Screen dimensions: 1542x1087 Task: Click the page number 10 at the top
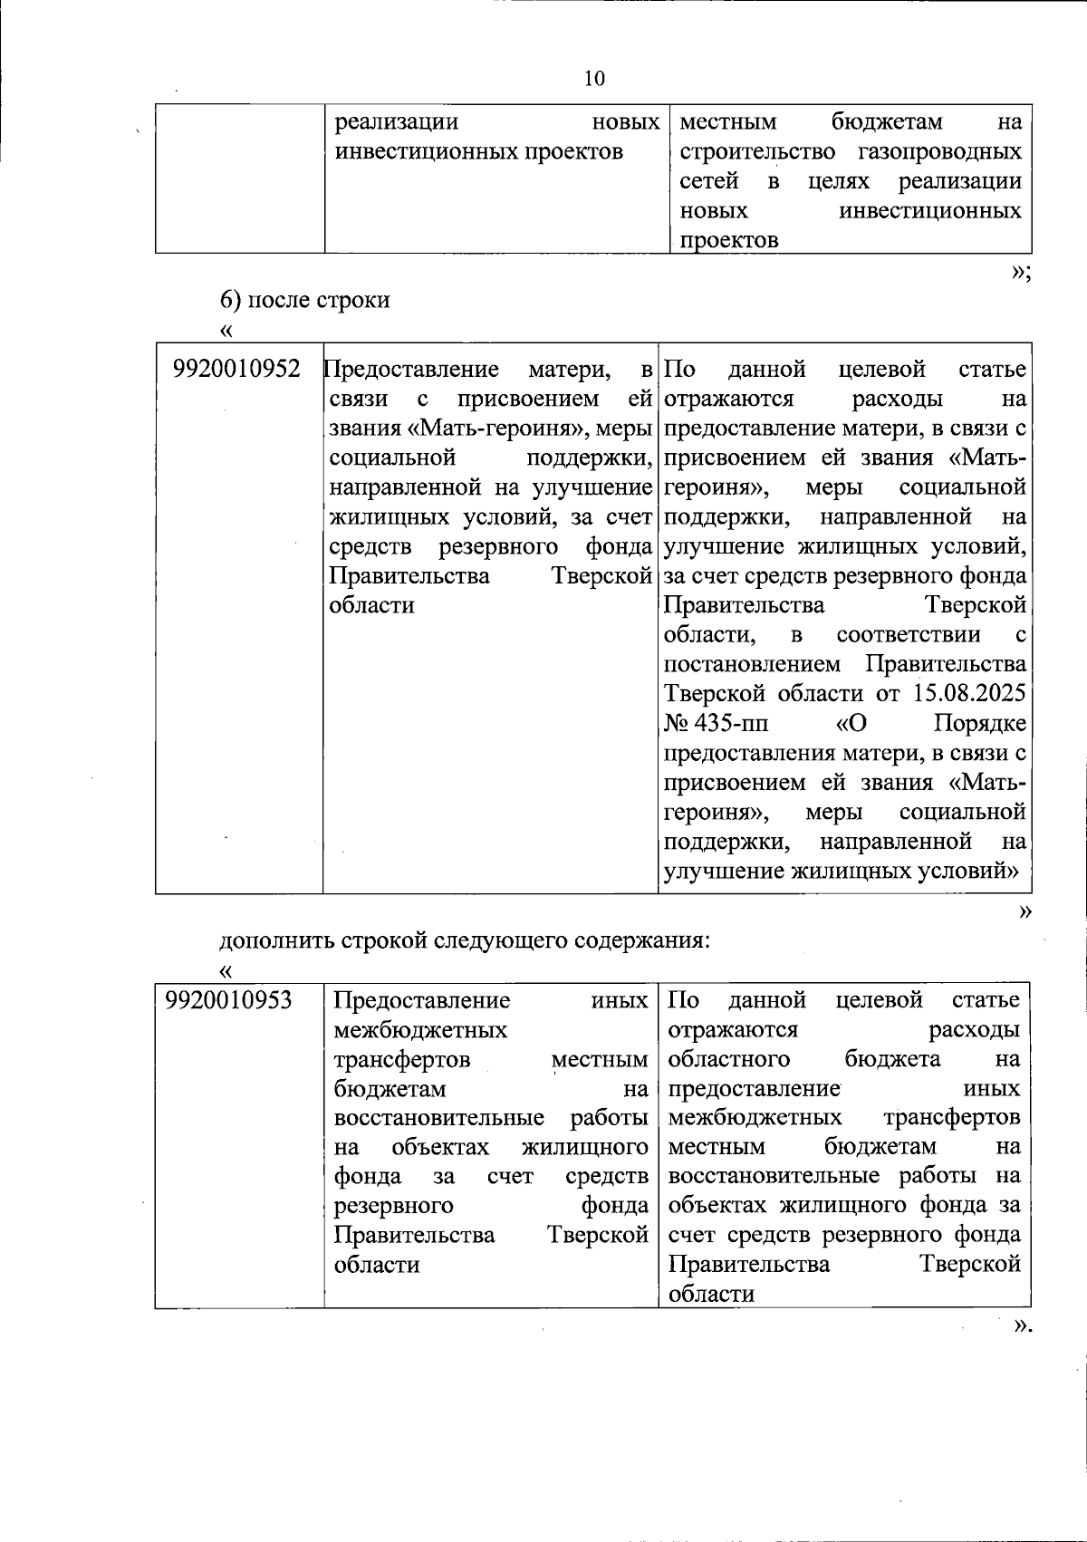(x=594, y=79)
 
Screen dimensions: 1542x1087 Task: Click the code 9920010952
(x=236, y=370)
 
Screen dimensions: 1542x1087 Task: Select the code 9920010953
(x=229, y=1000)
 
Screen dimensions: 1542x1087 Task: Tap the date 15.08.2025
(x=969, y=694)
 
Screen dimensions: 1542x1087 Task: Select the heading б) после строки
(x=305, y=300)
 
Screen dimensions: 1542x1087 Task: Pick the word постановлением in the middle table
(x=752, y=665)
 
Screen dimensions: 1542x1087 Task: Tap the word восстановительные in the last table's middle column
(x=439, y=1118)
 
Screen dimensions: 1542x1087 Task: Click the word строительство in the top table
(x=757, y=151)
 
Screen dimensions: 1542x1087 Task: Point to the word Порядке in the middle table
(x=979, y=724)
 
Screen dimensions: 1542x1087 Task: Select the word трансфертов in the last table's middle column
(x=401, y=1059)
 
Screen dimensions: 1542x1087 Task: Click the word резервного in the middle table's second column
(x=498, y=547)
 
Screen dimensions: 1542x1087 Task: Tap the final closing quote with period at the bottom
(x=1022, y=1326)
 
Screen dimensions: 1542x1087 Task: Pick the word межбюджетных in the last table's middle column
(x=420, y=1030)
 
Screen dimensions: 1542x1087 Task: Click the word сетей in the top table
(x=708, y=181)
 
